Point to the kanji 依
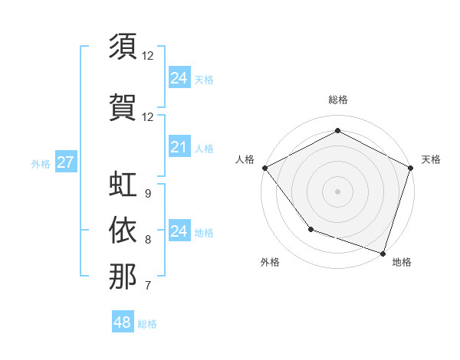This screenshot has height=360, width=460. click(x=123, y=230)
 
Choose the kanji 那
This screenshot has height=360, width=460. click(x=123, y=277)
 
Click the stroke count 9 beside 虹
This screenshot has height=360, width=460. click(x=147, y=194)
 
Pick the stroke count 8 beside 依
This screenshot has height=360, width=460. click(x=147, y=240)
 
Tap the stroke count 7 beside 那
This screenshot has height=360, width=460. click(x=147, y=286)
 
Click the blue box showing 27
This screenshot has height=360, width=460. click(x=65, y=162)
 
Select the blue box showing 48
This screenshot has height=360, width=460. click(x=123, y=322)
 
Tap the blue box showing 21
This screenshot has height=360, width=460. click(x=179, y=147)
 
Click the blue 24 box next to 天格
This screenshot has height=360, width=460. click(x=179, y=78)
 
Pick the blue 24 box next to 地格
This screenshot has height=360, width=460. click(x=179, y=231)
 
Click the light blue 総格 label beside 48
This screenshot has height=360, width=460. click(x=147, y=324)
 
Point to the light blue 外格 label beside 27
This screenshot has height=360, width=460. click(x=41, y=163)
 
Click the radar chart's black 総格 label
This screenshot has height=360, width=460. click(x=337, y=100)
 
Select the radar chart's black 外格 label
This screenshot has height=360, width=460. click(x=270, y=262)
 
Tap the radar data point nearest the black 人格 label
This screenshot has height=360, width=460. click(x=264, y=168)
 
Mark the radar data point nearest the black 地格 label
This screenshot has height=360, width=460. click(x=383, y=253)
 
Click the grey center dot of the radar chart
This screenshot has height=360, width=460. click(x=337, y=191)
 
